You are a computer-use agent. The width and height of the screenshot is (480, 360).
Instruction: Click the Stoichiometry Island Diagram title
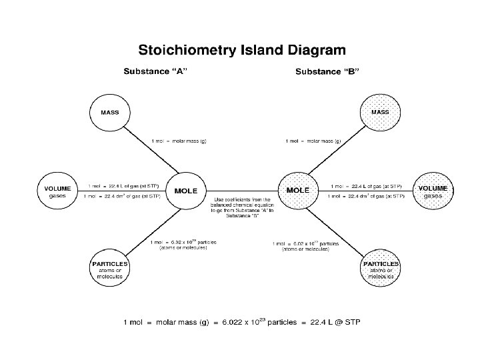[x=241, y=49]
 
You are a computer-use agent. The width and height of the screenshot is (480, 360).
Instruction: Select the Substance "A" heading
[x=153, y=71]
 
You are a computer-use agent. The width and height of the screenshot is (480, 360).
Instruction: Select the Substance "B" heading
[x=327, y=71]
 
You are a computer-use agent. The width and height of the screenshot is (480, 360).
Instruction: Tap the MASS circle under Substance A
[x=110, y=112]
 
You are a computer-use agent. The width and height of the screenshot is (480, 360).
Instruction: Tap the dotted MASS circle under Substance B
[x=380, y=112]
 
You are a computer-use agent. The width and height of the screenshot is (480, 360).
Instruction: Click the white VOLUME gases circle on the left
[x=57, y=191]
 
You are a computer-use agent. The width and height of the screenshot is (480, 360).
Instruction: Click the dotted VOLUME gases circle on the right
[x=433, y=191]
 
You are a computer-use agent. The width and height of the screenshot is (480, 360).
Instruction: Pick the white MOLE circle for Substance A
[x=185, y=191]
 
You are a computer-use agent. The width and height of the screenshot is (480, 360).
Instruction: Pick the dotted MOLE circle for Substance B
[x=297, y=191]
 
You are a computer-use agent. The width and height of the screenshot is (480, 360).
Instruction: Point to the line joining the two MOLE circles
[x=241, y=190]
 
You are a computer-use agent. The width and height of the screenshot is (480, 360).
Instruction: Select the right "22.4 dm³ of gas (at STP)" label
[x=366, y=196]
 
